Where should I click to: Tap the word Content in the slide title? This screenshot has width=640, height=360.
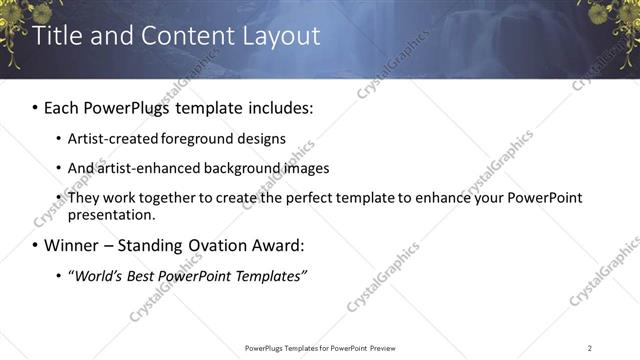coord(176,37)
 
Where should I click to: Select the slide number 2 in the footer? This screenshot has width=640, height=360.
coord(590,347)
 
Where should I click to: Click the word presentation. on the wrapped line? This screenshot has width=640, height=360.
coord(111,215)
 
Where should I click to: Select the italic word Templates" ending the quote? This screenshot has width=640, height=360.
coord(271,275)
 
